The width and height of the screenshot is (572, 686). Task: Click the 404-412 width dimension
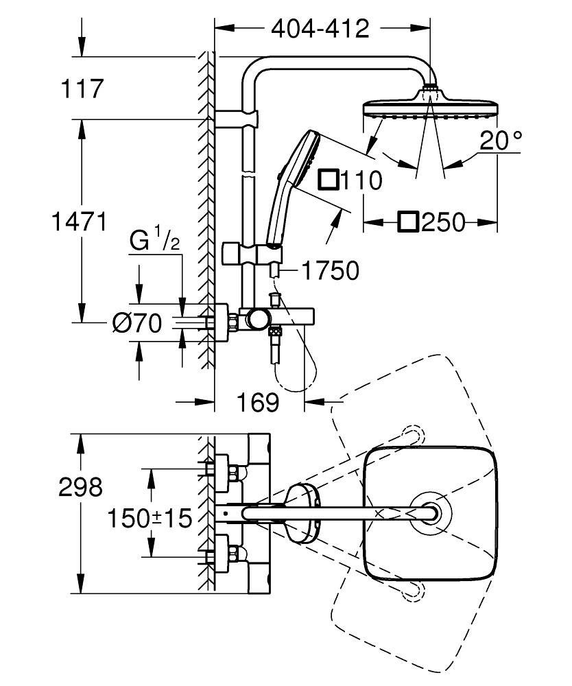tap(320, 29)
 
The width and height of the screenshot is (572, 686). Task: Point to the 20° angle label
tap(501, 141)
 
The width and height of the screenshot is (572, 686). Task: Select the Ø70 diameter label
tap(136, 322)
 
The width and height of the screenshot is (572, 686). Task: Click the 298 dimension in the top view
tap(80, 487)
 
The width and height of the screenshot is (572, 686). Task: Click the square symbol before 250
tap(409, 222)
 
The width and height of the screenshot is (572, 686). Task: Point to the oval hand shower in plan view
tap(302, 512)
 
